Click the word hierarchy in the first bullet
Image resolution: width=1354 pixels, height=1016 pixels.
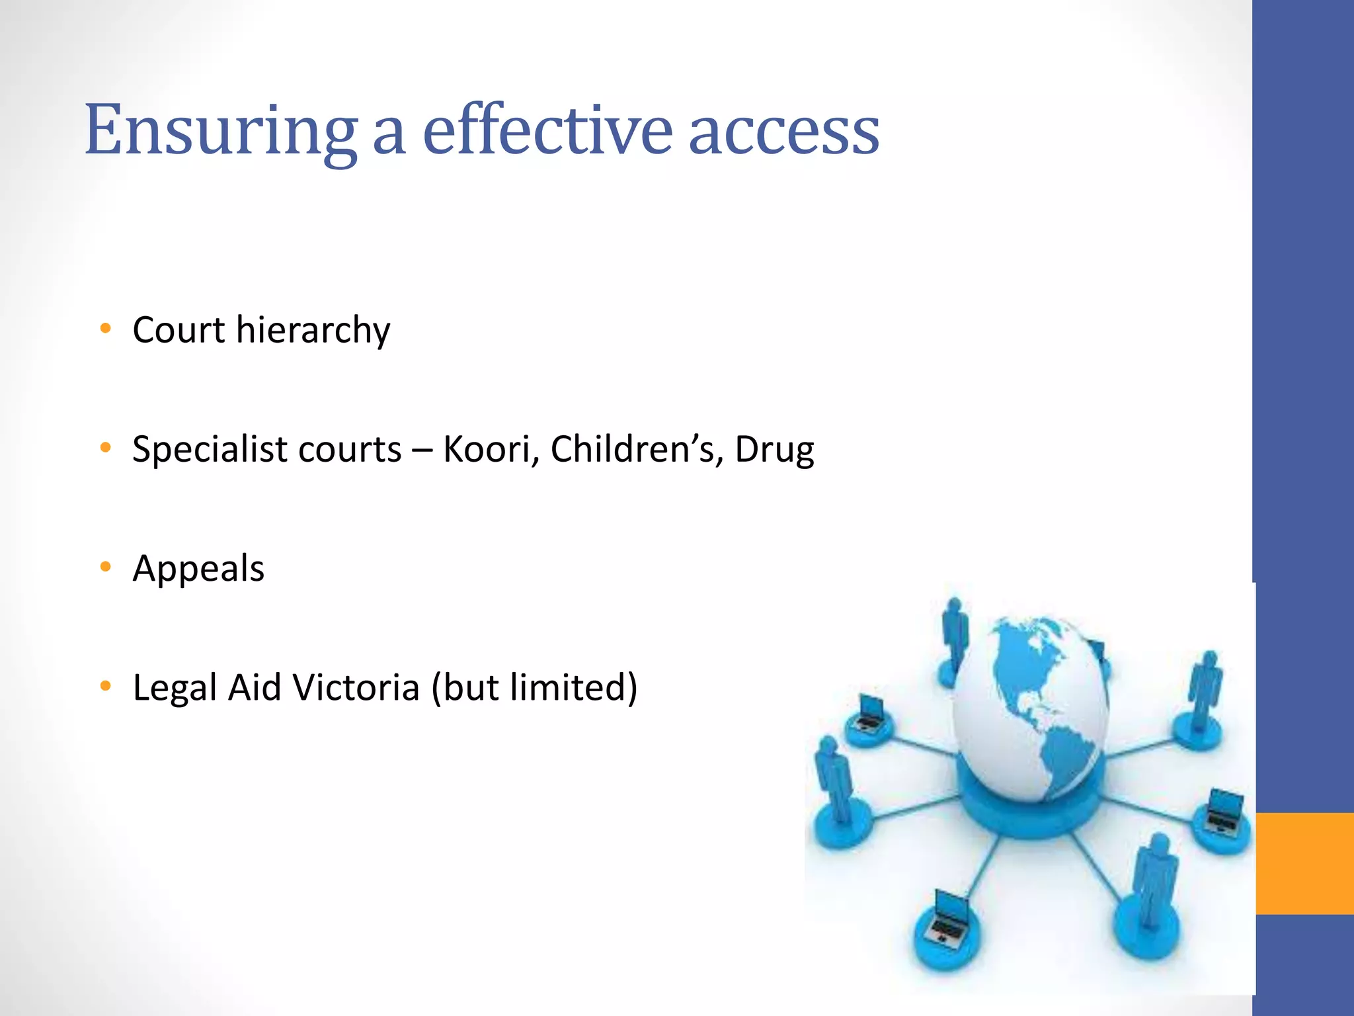[313, 329]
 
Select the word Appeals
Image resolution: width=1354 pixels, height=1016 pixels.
[198, 568]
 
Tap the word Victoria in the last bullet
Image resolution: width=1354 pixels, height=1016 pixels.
[356, 687]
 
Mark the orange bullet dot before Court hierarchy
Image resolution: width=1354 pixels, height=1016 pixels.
[105, 328]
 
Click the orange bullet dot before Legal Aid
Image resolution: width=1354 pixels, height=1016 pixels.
[105, 686]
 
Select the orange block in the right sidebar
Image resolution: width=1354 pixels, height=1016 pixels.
[1304, 863]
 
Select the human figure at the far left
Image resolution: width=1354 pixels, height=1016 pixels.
[832, 781]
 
